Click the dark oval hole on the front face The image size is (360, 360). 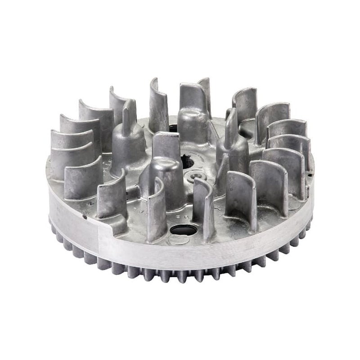183,230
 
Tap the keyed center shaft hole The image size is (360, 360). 187,161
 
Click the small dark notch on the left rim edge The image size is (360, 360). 85,217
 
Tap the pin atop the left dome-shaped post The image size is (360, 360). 126,112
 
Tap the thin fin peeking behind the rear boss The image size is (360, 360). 206,90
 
